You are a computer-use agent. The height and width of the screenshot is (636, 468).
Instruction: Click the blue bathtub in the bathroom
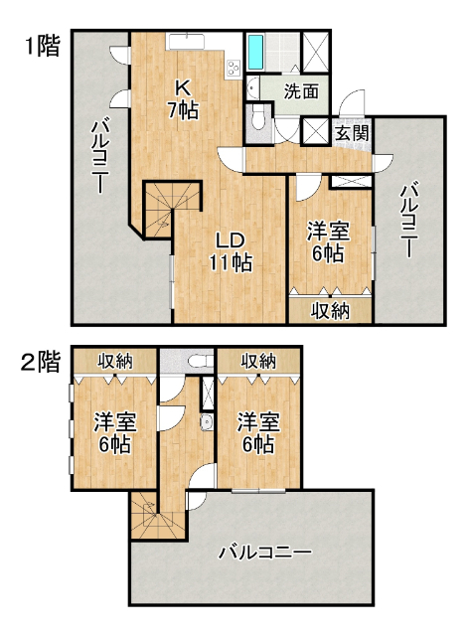(x=255, y=52)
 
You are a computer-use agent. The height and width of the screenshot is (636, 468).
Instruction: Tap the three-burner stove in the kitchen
(x=234, y=69)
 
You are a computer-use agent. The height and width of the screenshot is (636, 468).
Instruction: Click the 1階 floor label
(x=43, y=46)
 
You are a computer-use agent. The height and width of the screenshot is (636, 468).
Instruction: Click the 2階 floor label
(x=41, y=362)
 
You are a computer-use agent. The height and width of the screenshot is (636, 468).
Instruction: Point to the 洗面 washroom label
(x=300, y=92)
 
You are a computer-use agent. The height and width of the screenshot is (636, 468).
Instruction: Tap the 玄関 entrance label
(x=353, y=133)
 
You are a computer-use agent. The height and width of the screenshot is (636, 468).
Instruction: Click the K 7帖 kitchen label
(x=183, y=99)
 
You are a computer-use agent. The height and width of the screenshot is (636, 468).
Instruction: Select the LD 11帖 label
(x=232, y=251)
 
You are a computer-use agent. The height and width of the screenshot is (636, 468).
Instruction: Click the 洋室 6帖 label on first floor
(x=328, y=242)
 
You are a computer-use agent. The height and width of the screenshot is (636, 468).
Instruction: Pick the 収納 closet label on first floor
(x=330, y=311)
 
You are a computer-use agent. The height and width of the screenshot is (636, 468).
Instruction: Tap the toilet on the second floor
(x=201, y=360)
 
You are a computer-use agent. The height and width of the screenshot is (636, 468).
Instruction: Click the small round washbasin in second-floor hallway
(x=207, y=422)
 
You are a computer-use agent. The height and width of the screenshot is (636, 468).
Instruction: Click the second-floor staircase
(x=158, y=516)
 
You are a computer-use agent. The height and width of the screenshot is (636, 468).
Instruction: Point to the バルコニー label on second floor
(x=265, y=553)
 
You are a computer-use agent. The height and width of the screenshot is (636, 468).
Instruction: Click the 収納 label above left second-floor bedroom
(x=115, y=361)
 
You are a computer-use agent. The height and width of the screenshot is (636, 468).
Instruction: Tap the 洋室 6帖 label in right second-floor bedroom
(x=258, y=433)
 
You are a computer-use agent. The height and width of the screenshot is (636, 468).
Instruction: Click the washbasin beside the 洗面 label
(x=251, y=88)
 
